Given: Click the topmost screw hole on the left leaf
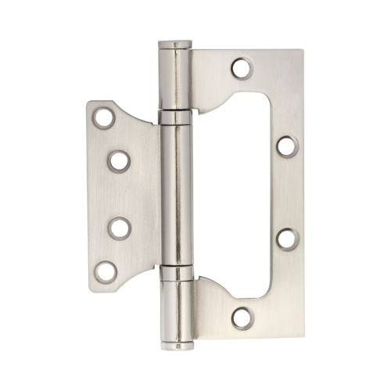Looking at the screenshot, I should tap(102, 118).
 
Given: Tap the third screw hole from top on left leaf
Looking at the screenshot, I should tap(120, 229).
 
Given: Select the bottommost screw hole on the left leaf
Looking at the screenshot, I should tap(102, 271).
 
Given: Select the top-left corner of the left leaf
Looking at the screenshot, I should tap(88, 101).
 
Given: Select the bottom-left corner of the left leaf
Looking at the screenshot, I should tap(88, 287).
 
